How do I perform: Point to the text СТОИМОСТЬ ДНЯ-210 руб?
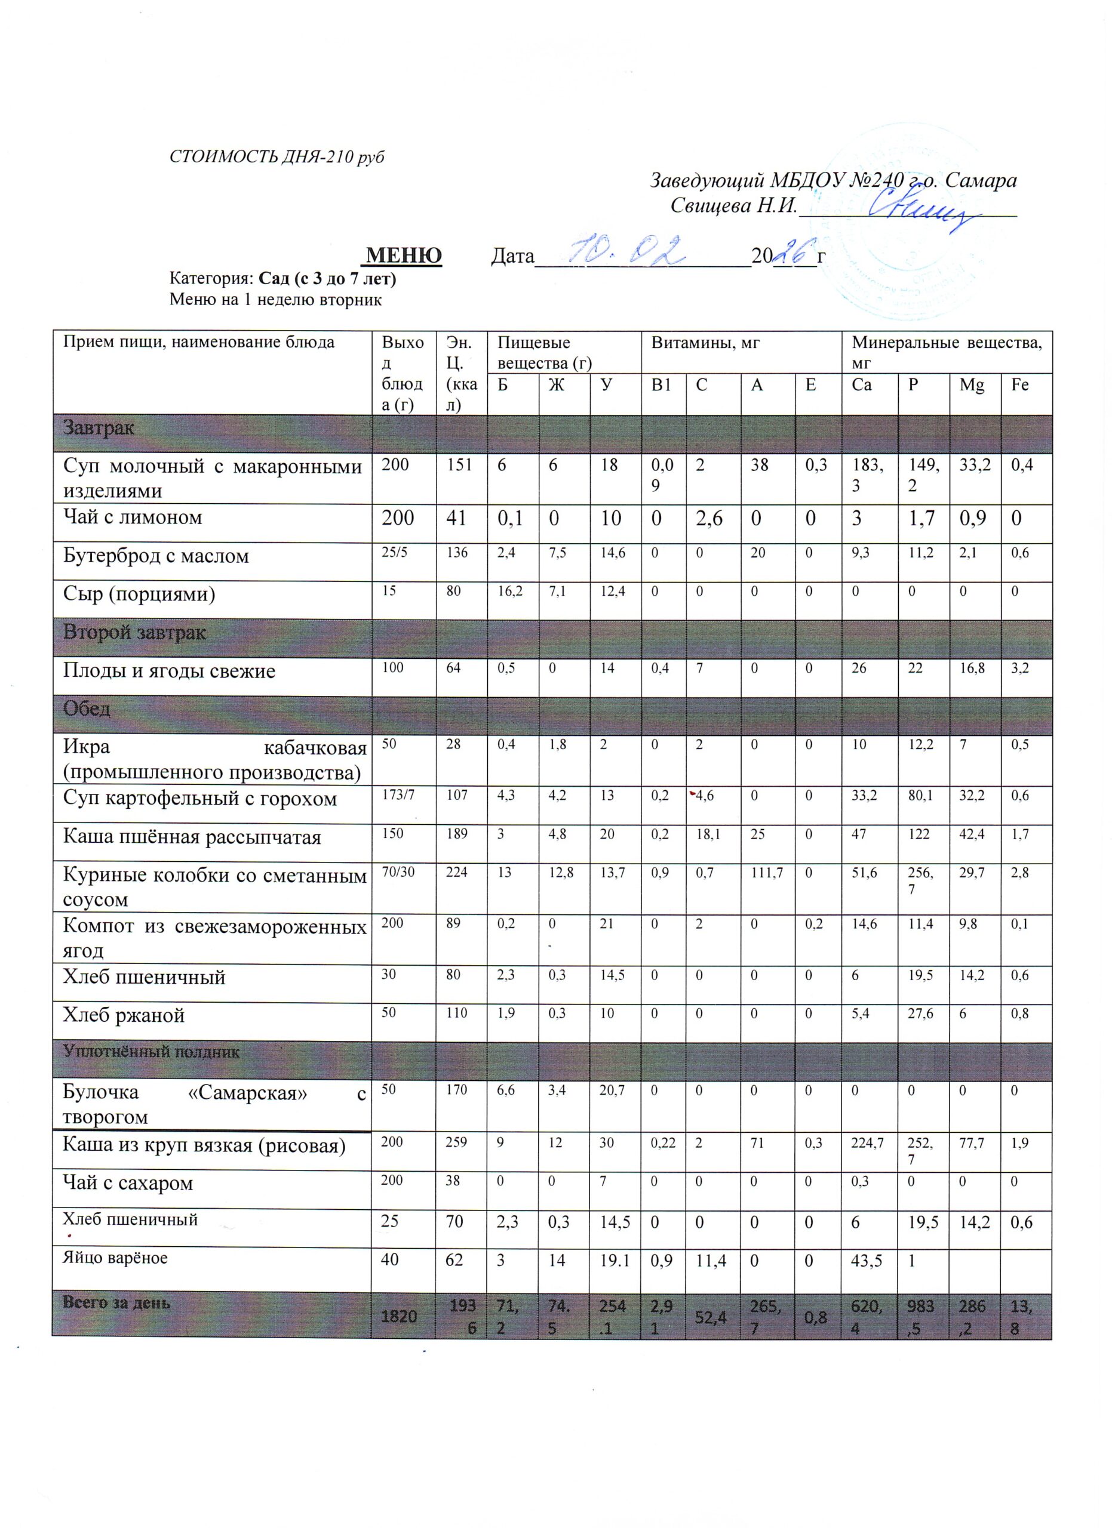pos(277,157)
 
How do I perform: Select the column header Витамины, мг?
pos(705,343)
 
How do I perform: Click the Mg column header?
pos(971,385)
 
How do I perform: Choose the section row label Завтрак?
pos(99,428)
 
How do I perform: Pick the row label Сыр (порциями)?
pos(139,594)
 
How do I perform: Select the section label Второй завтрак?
pos(134,633)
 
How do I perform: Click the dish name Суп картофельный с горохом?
pos(199,799)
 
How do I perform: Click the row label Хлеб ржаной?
pos(124,1015)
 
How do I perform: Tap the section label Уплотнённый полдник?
pos(151,1052)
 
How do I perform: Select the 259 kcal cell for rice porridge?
pos(456,1142)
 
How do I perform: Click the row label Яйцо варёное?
pos(115,1258)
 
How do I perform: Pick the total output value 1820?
pos(399,1316)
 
